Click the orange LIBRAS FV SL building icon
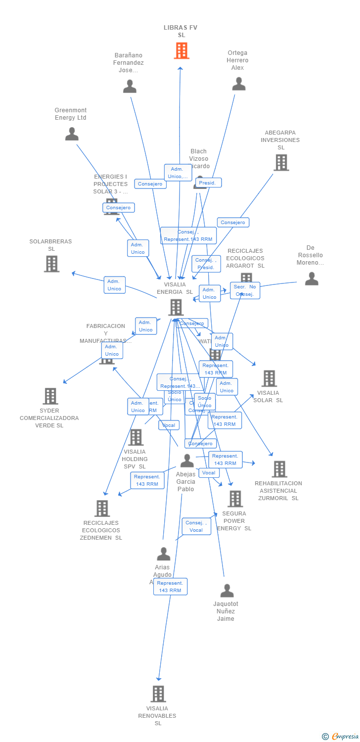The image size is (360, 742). pos(181,50)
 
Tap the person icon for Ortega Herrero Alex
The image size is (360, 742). pos(239,84)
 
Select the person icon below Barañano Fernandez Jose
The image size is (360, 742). pos(130,87)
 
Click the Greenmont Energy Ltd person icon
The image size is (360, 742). pos(72,134)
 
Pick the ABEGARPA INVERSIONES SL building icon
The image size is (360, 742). pos(281,162)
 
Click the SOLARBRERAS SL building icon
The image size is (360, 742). pos(51,264)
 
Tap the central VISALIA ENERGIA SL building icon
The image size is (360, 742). pos(176,307)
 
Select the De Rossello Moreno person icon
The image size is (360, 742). pos(312,279)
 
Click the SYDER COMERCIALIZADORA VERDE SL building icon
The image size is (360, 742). pos(50,396)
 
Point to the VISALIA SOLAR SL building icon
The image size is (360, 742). pos(269,378)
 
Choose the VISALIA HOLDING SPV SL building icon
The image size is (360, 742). pos(135,437)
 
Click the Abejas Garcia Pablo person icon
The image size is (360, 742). pos(187,461)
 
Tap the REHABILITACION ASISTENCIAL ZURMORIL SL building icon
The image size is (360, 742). pos(279,469)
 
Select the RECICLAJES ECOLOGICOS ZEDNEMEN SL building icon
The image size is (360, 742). pos(102,509)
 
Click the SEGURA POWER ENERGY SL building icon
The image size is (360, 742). pos(235,499)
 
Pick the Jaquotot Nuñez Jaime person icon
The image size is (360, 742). pos(226,591)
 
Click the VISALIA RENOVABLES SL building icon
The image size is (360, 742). pos(158,694)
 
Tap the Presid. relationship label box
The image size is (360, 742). pos(208,183)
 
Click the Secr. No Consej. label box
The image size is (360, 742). pos(245,290)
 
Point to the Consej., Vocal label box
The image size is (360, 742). pos(196,526)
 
